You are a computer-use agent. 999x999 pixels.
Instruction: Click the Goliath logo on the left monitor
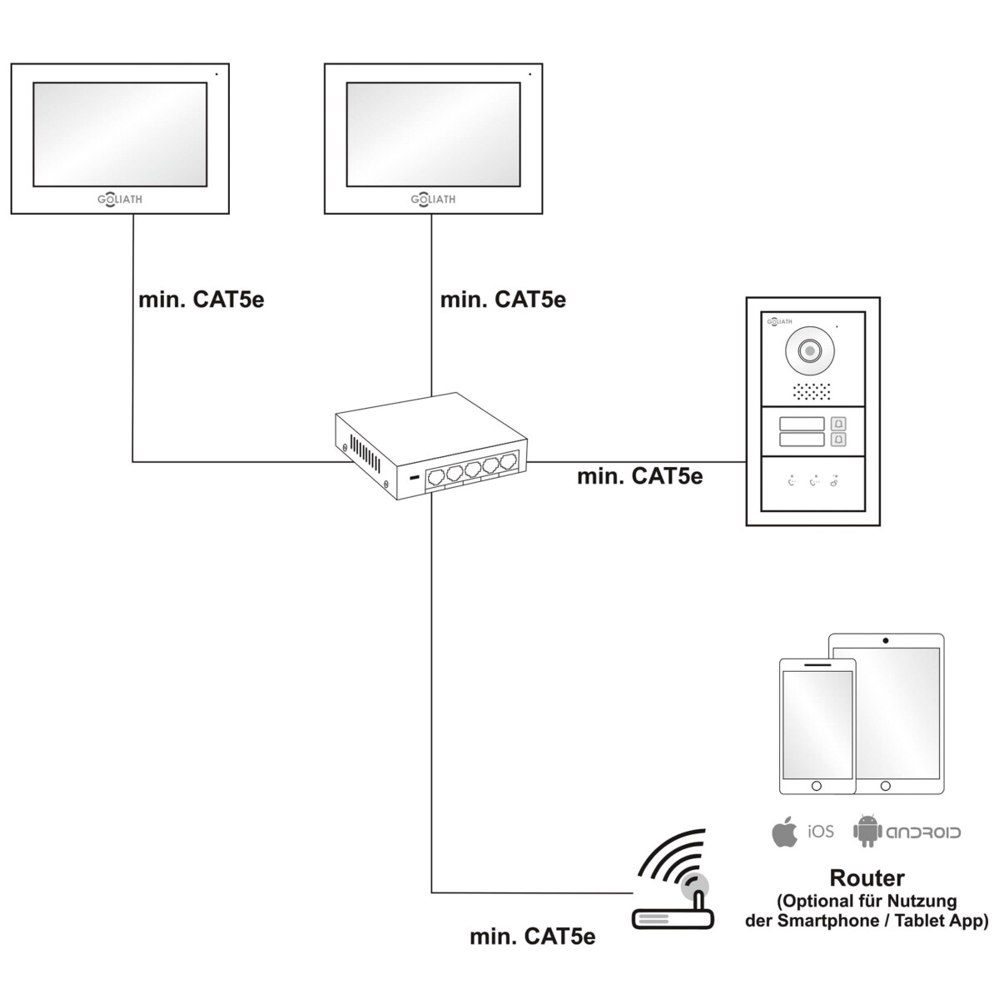pyautogui.click(x=120, y=200)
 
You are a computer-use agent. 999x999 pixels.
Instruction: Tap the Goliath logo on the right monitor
pyautogui.click(x=433, y=200)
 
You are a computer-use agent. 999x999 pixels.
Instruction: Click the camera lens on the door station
pyautogui.click(x=808, y=351)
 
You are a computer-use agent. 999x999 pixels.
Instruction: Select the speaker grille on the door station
pyautogui.click(x=813, y=390)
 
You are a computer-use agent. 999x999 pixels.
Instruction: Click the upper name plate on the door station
pyautogui.click(x=802, y=424)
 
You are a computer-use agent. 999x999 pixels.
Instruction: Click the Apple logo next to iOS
pyautogui.click(x=784, y=832)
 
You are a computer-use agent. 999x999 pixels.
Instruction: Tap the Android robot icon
pyautogui.click(x=867, y=832)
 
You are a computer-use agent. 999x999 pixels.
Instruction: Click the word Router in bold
pyautogui.click(x=867, y=877)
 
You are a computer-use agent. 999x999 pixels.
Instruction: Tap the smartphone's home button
pyautogui.click(x=816, y=786)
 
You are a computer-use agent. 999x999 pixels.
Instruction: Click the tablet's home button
pyautogui.click(x=886, y=785)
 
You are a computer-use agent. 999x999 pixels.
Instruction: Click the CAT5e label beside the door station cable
pyautogui.click(x=639, y=475)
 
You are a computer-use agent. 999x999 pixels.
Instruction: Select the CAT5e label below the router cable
pyautogui.click(x=533, y=937)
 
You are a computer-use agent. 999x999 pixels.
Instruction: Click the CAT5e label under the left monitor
pyautogui.click(x=201, y=299)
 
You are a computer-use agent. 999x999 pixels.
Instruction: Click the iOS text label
pyautogui.click(x=820, y=832)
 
